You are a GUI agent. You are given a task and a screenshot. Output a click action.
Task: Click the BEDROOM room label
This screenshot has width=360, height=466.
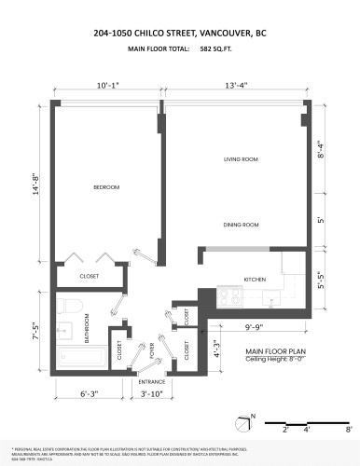(106, 187)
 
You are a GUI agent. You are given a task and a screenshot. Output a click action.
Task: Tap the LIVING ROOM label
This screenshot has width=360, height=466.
(240, 159)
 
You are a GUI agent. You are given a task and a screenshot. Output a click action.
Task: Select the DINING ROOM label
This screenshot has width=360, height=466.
(241, 225)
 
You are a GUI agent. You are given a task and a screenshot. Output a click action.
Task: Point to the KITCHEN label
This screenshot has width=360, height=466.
(256, 280)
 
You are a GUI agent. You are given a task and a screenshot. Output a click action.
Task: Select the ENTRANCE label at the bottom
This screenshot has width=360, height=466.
(151, 382)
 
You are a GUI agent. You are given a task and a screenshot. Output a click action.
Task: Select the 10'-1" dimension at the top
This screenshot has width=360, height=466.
(107, 86)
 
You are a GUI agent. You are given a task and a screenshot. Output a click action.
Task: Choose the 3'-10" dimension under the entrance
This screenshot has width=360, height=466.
(151, 395)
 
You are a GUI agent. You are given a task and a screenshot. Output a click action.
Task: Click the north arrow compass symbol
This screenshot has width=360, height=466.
(245, 424)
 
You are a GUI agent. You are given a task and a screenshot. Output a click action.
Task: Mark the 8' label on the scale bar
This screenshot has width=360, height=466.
(348, 431)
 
